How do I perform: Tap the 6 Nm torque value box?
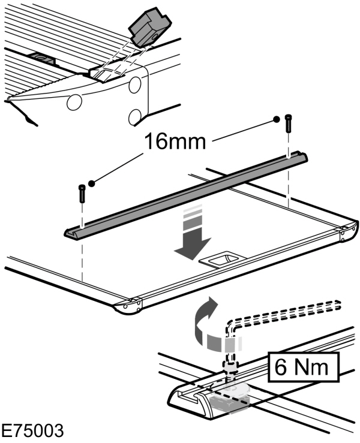tap(302, 366)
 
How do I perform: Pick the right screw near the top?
tap(289, 122)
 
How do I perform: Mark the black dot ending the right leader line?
tap(277, 119)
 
